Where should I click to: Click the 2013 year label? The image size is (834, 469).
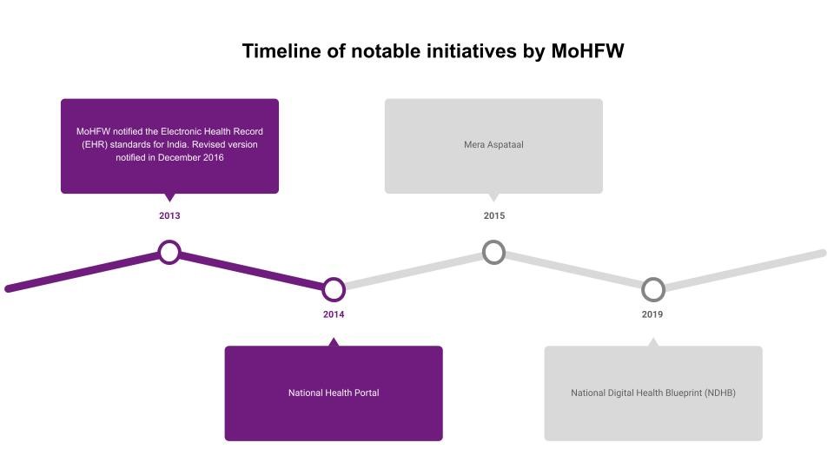pyautogui.click(x=169, y=216)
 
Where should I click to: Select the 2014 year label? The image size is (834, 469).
pyautogui.click(x=334, y=314)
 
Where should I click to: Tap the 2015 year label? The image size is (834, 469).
pyautogui.click(x=494, y=216)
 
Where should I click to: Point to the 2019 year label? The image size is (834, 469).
pyautogui.click(x=652, y=314)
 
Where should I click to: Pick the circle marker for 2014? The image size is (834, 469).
pyautogui.click(x=323, y=290)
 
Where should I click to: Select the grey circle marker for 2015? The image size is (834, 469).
pyautogui.click(x=484, y=252)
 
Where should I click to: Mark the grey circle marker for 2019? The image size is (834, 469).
pyautogui.click(x=643, y=290)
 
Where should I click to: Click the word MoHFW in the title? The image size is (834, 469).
pyautogui.click(x=587, y=51)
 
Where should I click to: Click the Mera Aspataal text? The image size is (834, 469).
pyautogui.click(x=493, y=145)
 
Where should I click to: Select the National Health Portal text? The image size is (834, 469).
pyautogui.click(x=334, y=393)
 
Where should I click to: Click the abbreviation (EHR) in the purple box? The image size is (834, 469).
pyautogui.click(x=95, y=145)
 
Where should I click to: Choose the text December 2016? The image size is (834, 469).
pyautogui.click(x=191, y=157)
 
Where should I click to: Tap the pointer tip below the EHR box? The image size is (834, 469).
pyautogui.click(x=169, y=201)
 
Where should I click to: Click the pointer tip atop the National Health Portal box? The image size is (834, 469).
pyautogui.click(x=334, y=338)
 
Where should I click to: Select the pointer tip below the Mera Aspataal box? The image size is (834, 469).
pyautogui.click(x=494, y=201)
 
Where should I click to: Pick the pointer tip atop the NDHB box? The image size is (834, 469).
pyautogui.click(x=653, y=338)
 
